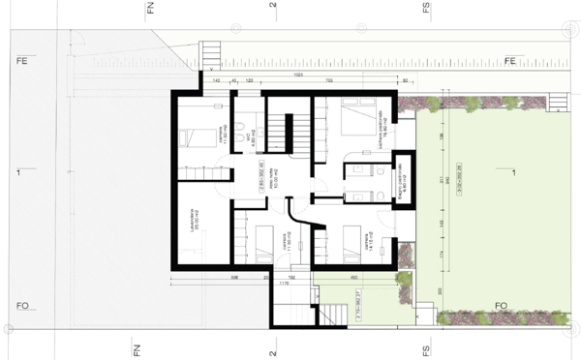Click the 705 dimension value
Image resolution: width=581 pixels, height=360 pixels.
pos(329,81)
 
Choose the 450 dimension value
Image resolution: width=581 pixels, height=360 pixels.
pos(354,276)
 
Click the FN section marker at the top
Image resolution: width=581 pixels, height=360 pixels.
pos(150,10)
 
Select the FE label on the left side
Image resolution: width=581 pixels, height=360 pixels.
pos(20,61)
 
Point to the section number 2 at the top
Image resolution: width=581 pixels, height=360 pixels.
pos(274,8)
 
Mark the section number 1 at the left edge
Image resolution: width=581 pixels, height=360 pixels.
pos(18,173)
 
